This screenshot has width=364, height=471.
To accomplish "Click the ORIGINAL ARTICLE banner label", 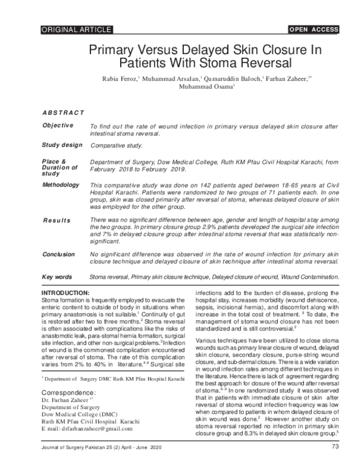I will click(x=76, y=29).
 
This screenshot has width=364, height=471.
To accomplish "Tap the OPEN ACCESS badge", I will click(x=314, y=29).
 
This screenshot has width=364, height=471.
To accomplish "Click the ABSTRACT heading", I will click(x=62, y=114).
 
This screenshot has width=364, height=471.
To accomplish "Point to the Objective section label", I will click(x=58, y=125).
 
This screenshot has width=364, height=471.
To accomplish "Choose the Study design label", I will click(x=61, y=146).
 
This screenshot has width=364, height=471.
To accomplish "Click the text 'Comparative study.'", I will click(x=116, y=146).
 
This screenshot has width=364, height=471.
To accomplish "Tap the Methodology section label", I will click(x=60, y=184).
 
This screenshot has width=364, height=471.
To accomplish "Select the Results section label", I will click(x=56, y=220).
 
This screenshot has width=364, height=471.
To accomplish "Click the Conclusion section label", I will click(x=59, y=254).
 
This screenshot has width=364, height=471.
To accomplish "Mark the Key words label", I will click(x=58, y=277).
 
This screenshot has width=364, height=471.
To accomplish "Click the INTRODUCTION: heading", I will click(x=64, y=293).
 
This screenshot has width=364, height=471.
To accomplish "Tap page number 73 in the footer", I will click(x=334, y=448).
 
